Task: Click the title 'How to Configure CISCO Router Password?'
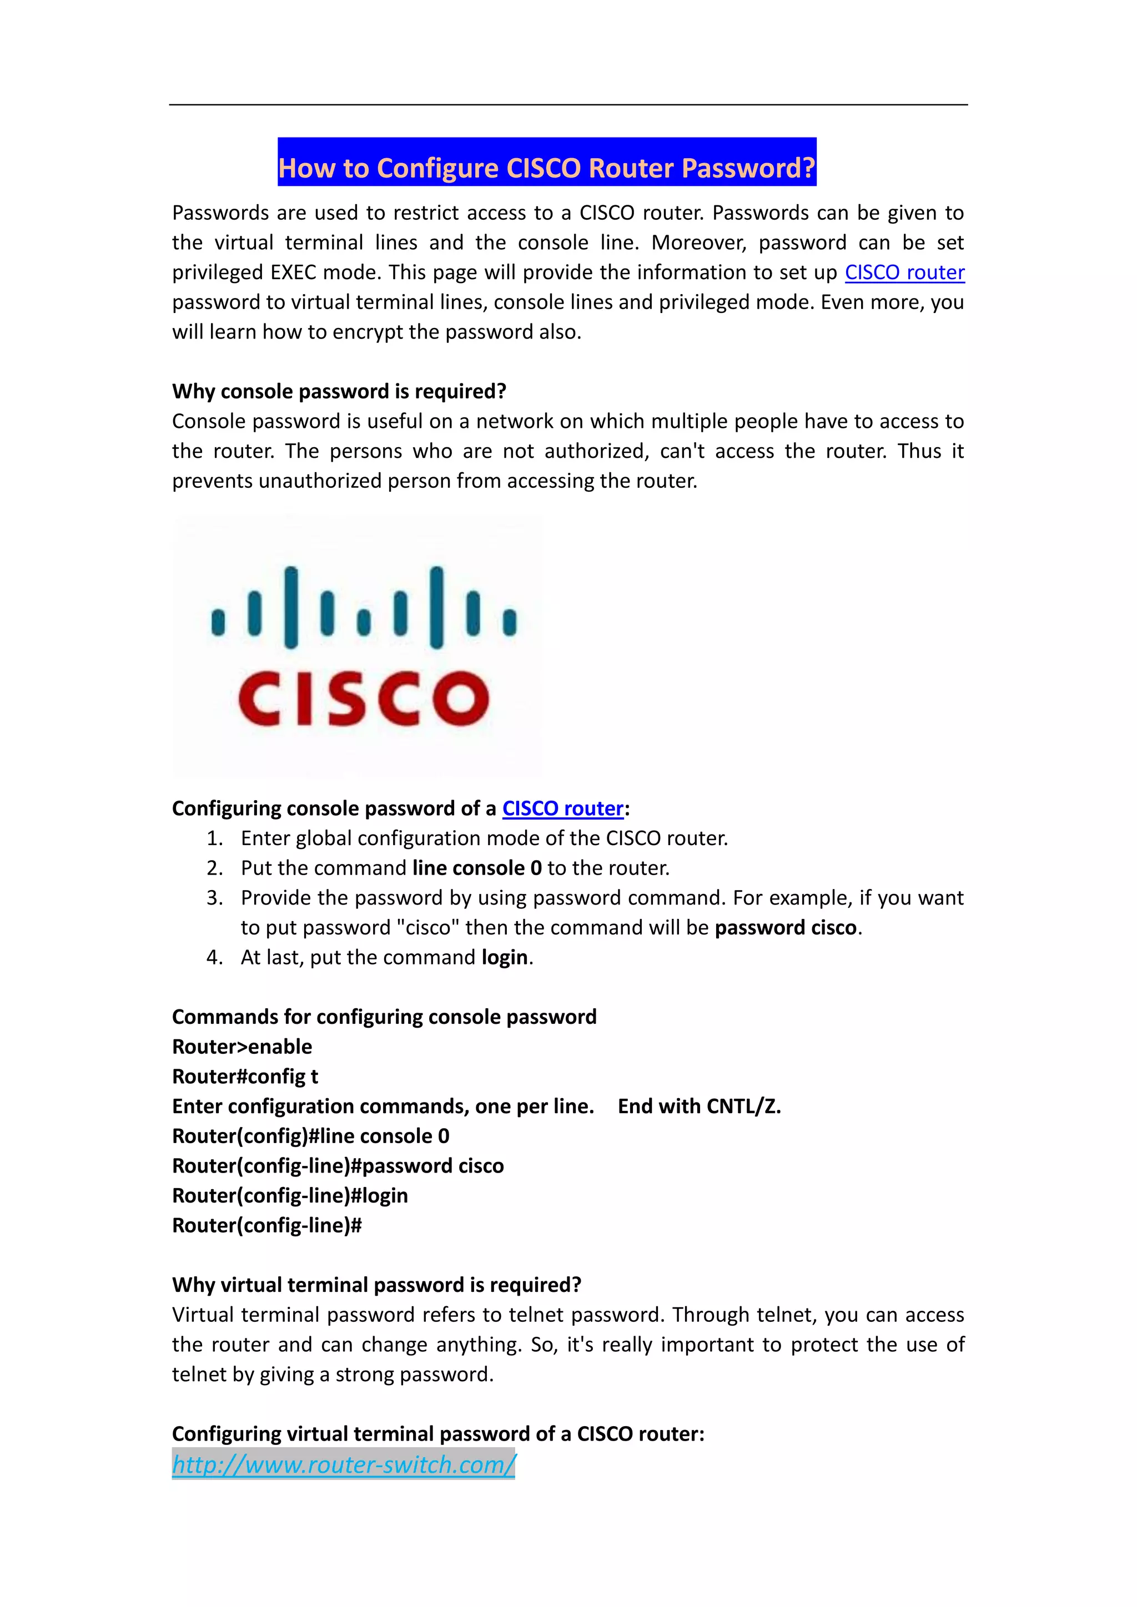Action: pyautogui.click(x=547, y=168)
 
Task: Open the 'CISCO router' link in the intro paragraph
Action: pyautogui.click(x=904, y=272)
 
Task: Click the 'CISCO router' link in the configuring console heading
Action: pyautogui.click(x=562, y=808)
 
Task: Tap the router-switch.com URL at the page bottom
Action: pyautogui.click(x=344, y=1463)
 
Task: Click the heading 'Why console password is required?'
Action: pyautogui.click(x=339, y=391)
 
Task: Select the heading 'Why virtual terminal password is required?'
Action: pyautogui.click(x=376, y=1285)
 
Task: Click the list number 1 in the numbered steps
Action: pyautogui.click(x=214, y=838)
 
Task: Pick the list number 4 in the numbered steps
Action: pyautogui.click(x=214, y=957)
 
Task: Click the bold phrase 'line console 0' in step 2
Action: pyautogui.click(x=477, y=868)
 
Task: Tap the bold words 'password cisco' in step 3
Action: pyautogui.click(x=786, y=927)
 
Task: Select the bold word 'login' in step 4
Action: pyautogui.click(x=504, y=957)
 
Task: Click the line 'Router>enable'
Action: pyautogui.click(x=242, y=1047)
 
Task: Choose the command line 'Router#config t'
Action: pyautogui.click(x=245, y=1077)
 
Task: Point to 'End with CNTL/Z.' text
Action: pyautogui.click(x=699, y=1106)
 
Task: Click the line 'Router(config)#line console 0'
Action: pyautogui.click(x=311, y=1136)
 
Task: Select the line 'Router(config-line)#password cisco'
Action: pyautogui.click(x=338, y=1165)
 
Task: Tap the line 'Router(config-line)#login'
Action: pyautogui.click(x=290, y=1195)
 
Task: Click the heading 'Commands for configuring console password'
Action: pyautogui.click(x=384, y=1017)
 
